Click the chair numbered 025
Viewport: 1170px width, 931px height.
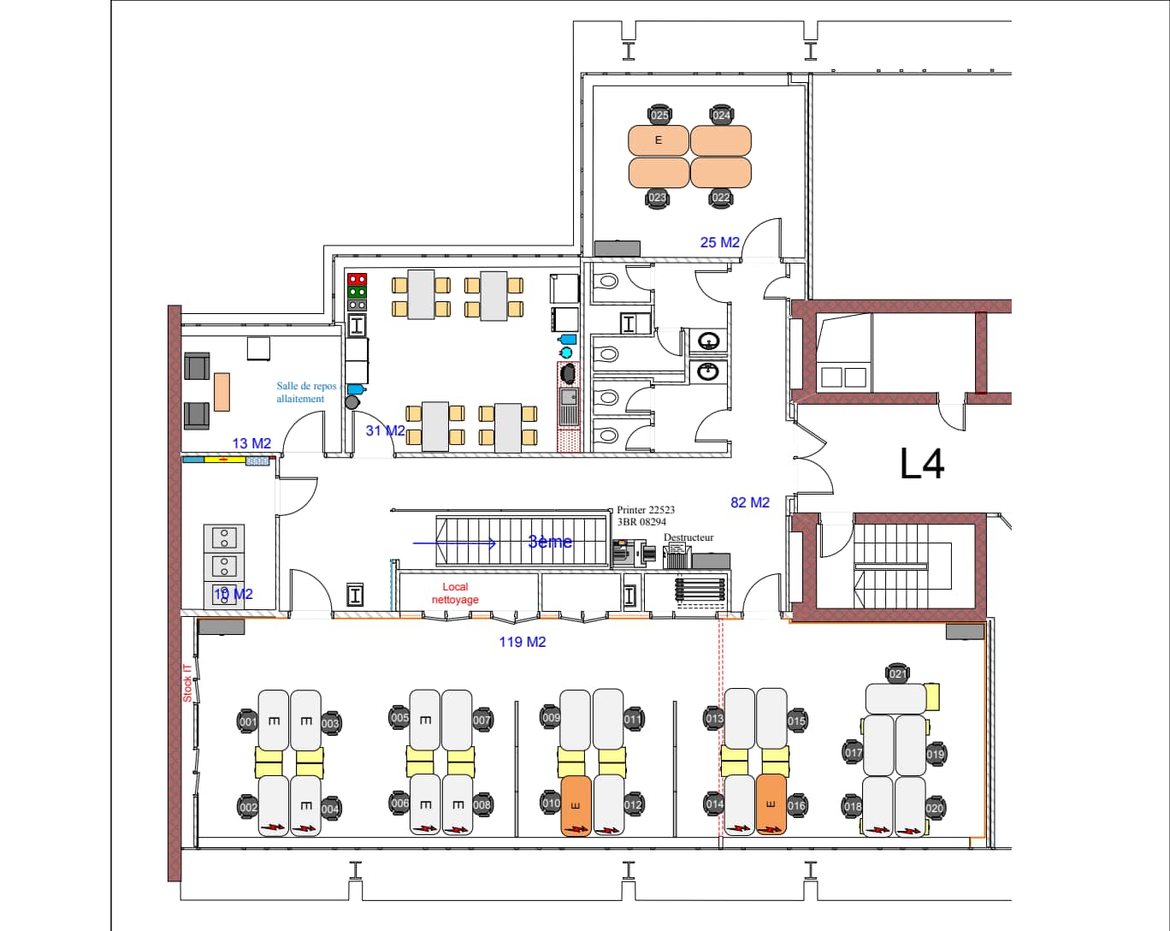(x=659, y=115)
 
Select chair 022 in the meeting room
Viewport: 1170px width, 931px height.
(x=721, y=198)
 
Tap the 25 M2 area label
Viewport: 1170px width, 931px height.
(x=719, y=242)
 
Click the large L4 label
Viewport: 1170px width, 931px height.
(x=922, y=464)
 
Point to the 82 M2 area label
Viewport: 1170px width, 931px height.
(x=750, y=502)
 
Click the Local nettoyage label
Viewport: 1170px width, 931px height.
(x=455, y=593)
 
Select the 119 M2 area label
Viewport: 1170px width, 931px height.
(x=523, y=642)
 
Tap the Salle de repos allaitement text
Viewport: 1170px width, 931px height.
(x=306, y=392)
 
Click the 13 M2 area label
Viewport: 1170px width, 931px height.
(x=251, y=443)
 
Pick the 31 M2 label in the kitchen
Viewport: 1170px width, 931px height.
(x=385, y=430)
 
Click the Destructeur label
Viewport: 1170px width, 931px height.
(x=688, y=537)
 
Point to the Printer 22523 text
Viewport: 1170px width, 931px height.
(x=646, y=510)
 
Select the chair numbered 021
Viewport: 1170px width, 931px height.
(x=897, y=673)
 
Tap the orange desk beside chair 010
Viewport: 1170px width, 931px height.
(x=576, y=805)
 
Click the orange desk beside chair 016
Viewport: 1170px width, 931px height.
(x=771, y=804)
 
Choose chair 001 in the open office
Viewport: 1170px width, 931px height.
(x=248, y=721)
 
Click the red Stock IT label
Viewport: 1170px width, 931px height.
(x=187, y=684)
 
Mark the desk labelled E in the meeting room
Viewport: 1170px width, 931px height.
(x=659, y=140)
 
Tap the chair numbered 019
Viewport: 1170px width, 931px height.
(x=935, y=754)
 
